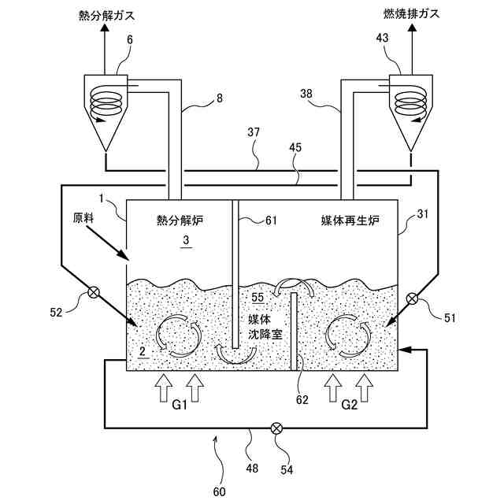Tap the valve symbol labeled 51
coord(412,298)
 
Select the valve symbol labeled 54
coord(276,428)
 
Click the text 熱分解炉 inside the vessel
coord(180,221)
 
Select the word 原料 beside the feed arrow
coord(83,220)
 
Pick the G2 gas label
coord(350,408)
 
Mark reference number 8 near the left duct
coord(219,101)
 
